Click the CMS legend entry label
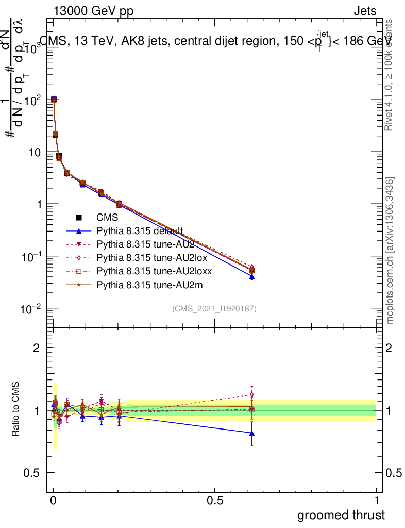tap(107, 218)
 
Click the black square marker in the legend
tap(79, 218)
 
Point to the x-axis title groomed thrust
tap(341, 515)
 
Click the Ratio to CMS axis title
tap(15, 410)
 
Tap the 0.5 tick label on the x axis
tap(215, 501)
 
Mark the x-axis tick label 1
tap(377, 501)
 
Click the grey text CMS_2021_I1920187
tap(214, 308)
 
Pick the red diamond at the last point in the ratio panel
tap(251, 394)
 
